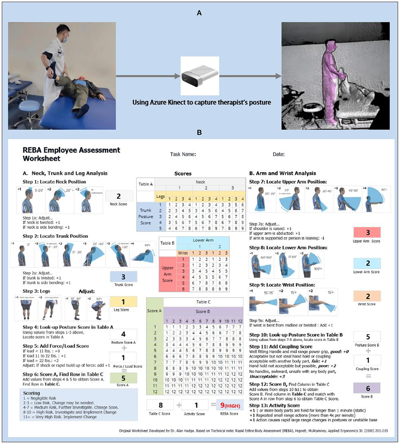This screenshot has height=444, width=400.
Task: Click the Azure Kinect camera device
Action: point(200,76)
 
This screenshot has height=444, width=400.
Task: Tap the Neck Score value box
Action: point(119,196)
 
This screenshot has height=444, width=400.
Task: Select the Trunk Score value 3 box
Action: point(123,277)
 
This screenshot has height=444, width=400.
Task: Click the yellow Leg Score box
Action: point(123,302)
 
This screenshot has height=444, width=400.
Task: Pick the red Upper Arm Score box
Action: point(367,232)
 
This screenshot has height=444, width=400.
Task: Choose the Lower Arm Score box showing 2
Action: point(367,263)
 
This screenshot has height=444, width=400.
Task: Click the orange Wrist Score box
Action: point(367,296)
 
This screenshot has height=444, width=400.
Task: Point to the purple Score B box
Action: point(367,388)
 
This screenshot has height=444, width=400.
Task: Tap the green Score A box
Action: point(123,378)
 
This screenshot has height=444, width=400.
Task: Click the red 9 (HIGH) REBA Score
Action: point(230,405)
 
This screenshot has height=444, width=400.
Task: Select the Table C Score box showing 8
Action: point(160,405)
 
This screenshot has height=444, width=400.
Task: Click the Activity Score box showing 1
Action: point(196,405)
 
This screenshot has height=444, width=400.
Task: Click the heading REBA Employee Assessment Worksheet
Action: point(71,154)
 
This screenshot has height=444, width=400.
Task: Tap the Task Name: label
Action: point(183,154)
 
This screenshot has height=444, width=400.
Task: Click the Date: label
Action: point(279,154)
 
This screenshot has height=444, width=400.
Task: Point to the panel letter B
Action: point(199,133)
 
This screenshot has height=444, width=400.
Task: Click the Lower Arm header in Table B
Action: point(203,240)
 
